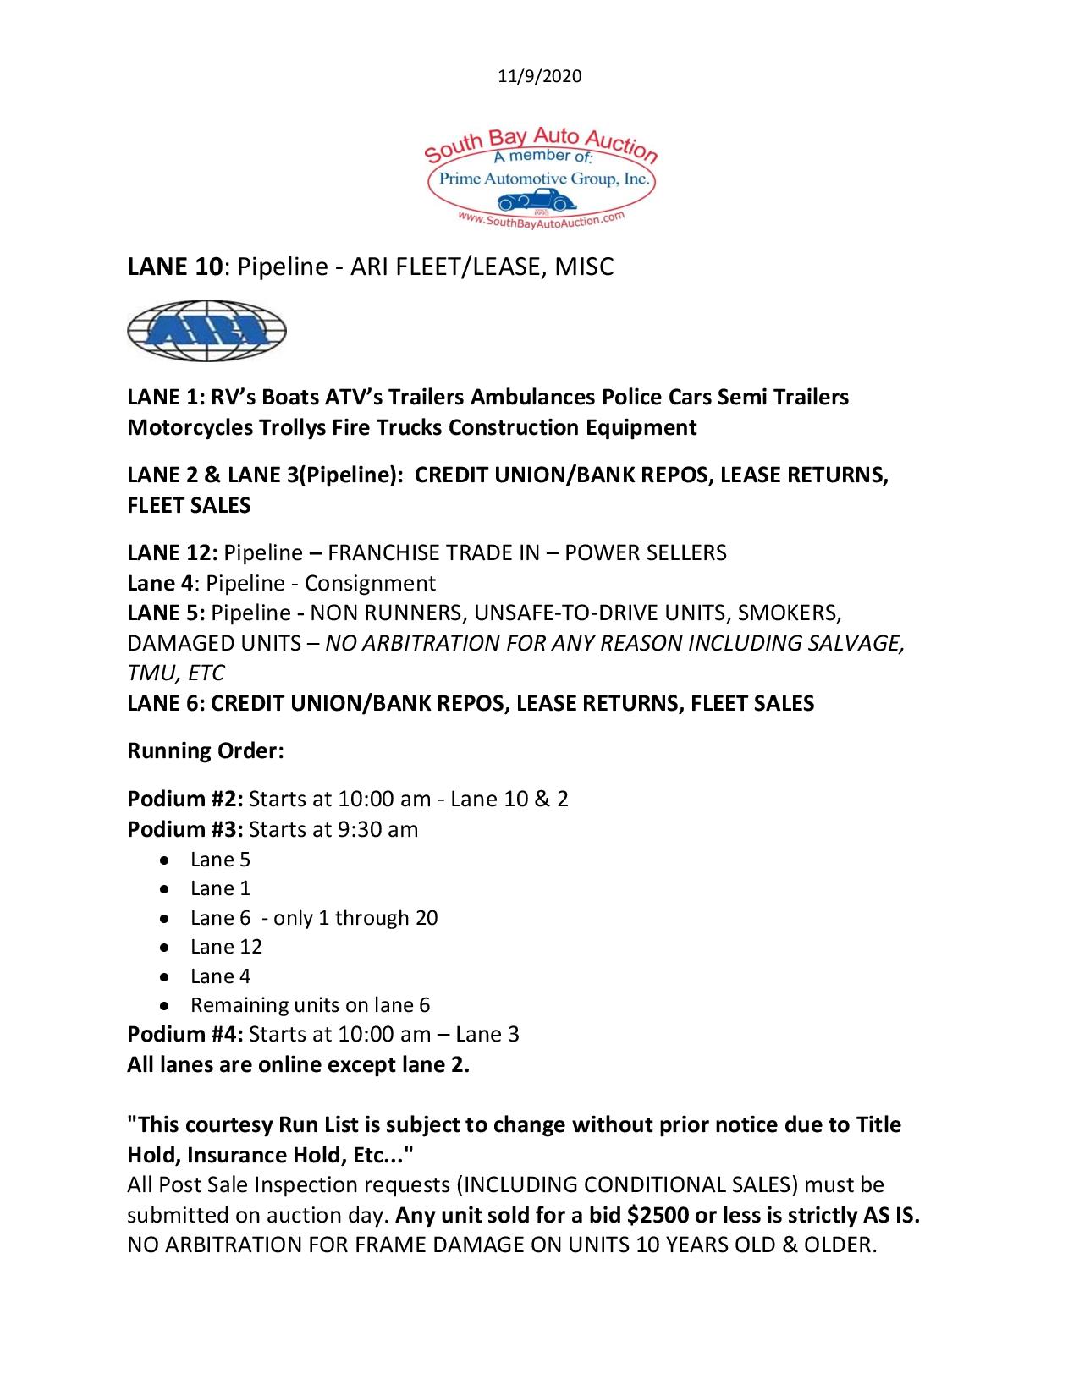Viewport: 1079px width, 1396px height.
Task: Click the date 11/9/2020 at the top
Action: point(539,76)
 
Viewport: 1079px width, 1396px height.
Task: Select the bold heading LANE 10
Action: point(176,267)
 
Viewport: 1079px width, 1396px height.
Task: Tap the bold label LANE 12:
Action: point(173,552)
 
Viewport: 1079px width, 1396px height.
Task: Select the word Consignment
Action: point(370,583)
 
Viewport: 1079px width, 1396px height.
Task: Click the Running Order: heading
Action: point(205,750)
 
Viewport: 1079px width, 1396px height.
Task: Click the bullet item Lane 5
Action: point(220,860)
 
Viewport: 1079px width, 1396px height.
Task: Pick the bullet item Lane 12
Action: point(226,947)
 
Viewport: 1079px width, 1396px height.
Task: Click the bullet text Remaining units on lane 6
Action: point(310,1005)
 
